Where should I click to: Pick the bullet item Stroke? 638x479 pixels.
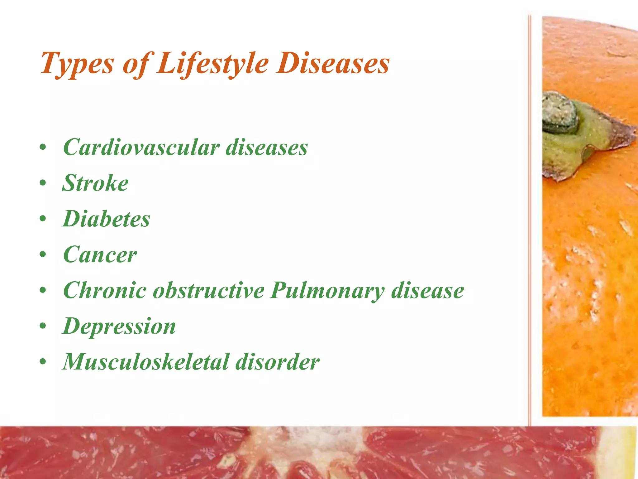click(95, 183)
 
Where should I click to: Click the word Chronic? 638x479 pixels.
click(105, 290)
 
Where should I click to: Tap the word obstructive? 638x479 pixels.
click(208, 290)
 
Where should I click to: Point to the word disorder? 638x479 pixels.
click(277, 362)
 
